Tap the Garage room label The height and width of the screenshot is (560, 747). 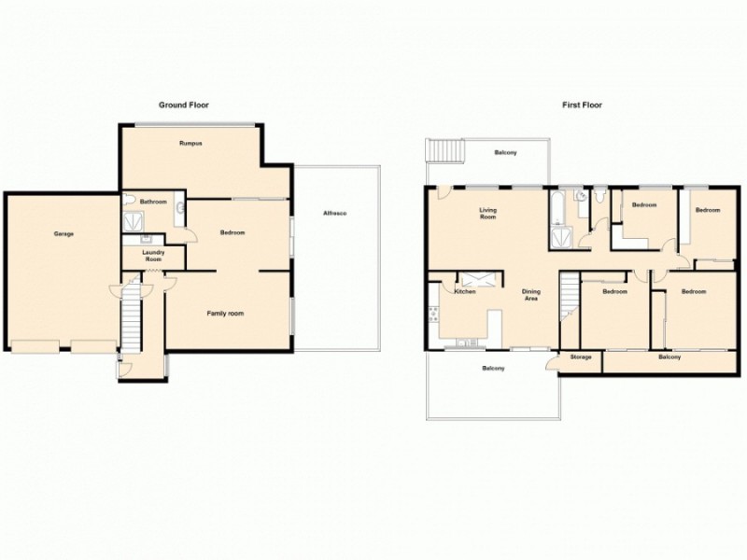click(x=63, y=233)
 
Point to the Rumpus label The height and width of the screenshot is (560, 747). click(x=191, y=143)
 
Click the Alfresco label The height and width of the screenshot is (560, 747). click(x=335, y=215)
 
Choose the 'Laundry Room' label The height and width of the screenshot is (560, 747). click(x=153, y=255)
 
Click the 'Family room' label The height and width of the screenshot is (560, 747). click(x=225, y=314)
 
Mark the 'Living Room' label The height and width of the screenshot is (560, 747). click(x=487, y=213)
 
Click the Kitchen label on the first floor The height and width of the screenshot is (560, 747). click(x=465, y=292)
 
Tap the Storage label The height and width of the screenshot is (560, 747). click(x=580, y=357)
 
